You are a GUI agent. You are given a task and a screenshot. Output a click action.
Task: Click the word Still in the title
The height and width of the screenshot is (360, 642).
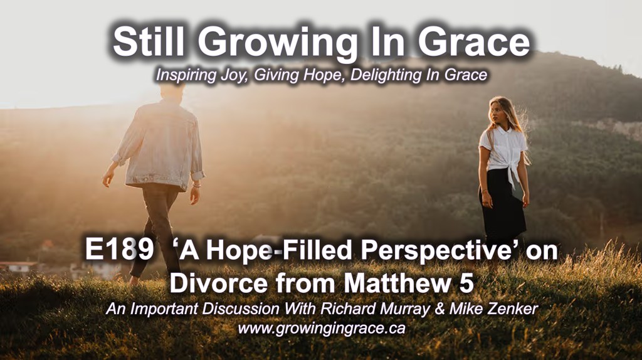[148, 42]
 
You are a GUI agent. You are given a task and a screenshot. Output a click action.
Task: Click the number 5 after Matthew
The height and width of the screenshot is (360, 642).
[466, 283]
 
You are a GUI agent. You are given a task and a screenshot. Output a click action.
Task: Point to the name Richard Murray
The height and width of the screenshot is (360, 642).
[374, 309]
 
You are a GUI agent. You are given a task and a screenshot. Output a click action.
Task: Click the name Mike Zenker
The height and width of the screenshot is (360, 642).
[493, 308]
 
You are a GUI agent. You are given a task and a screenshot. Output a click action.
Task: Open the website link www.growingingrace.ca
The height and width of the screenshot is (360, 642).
[322, 329]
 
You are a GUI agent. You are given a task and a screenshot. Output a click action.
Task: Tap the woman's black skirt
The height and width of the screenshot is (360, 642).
[502, 202]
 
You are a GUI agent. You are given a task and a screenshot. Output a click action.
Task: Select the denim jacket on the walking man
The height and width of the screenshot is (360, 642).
[160, 146]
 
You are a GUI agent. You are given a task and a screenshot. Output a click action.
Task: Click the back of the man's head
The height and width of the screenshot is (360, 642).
[172, 90]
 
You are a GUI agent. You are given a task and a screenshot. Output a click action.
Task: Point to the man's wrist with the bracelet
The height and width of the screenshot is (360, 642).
[196, 186]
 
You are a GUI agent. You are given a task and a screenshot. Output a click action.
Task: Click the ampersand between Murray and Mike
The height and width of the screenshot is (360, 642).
[439, 309]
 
